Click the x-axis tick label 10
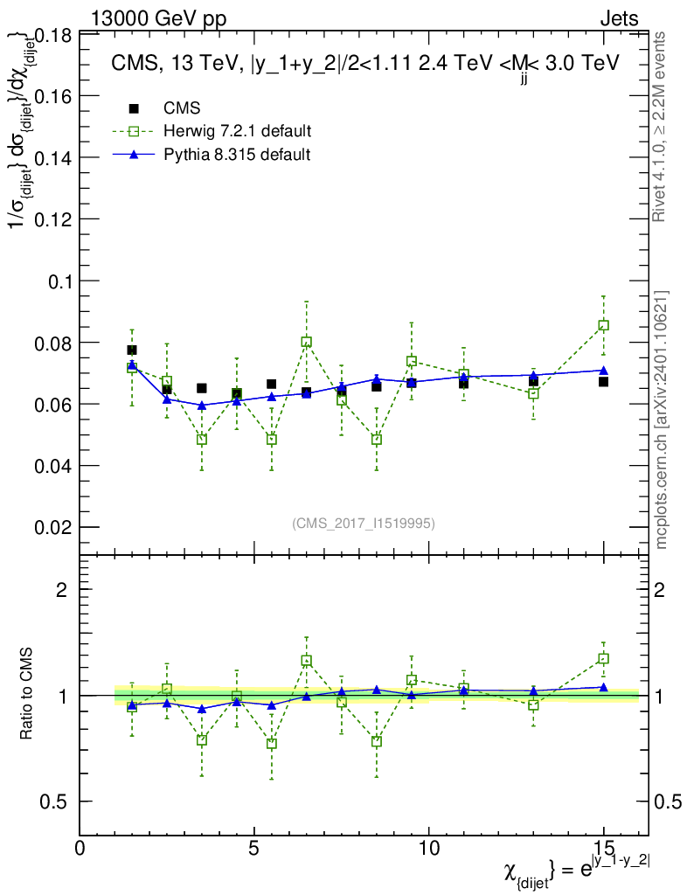pyautogui.click(x=429, y=849)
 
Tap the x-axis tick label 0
pyautogui.click(x=80, y=849)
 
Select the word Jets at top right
pyautogui.click(x=619, y=18)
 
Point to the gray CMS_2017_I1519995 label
pyautogui.click(x=364, y=523)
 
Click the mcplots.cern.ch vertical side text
pyautogui.click(x=662, y=420)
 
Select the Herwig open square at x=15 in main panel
pyautogui.click(x=603, y=325)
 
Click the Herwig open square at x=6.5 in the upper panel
pyautogui.click(x=307, y=342)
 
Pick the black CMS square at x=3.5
pyautogui.click(x=202, y=388)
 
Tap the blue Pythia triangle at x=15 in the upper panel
pyautogui.click(x=603, y=371)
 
